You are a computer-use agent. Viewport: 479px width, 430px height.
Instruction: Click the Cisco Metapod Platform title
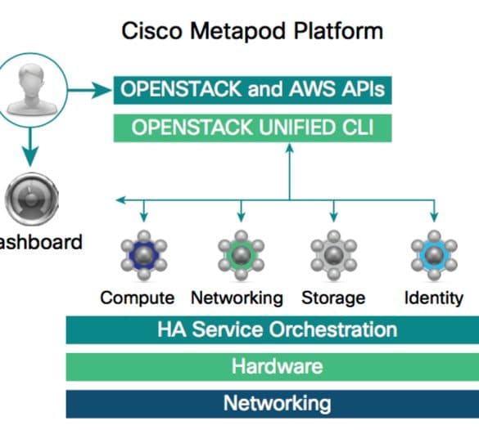252,31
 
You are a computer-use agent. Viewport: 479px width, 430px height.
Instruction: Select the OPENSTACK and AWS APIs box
253,90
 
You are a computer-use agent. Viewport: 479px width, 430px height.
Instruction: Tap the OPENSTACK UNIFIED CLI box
253,128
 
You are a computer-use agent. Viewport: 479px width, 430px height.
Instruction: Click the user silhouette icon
31,90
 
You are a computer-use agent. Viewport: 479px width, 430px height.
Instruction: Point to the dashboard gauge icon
31,199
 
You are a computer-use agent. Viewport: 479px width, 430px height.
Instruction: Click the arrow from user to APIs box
89,90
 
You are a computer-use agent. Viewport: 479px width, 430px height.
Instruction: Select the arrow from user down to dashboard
30,147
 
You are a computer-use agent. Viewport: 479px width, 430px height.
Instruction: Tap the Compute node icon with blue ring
144,255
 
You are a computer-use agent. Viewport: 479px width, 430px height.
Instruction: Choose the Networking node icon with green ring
241,255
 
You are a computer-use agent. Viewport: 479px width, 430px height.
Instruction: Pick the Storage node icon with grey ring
333,255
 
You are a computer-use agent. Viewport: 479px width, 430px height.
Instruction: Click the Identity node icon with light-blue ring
434,255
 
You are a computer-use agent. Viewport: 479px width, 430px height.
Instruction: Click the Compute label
138,298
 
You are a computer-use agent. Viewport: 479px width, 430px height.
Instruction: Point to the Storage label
333,298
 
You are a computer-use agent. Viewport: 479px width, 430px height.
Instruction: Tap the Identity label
434,298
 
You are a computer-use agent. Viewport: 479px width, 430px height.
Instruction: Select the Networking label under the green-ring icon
237,298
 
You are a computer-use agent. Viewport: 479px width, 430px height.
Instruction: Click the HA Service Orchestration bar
273,330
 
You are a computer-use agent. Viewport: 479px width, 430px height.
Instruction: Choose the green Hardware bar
273,367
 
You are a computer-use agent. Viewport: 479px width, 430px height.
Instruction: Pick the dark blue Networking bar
273,404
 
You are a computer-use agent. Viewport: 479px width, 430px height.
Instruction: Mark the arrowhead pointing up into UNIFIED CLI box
290,148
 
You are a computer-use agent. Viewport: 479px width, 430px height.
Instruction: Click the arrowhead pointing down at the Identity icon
434,217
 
